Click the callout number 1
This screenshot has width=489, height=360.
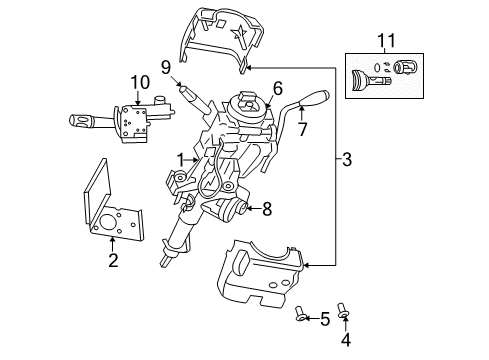(x=181, y=160)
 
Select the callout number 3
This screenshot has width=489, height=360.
(x=347, y=157)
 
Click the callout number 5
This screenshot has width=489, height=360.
(x=324, y=320)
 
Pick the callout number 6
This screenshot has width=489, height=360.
(x=278, y=89)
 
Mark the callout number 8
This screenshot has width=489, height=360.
(x=267, y=209)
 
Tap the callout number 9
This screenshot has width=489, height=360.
(x=167, y=68)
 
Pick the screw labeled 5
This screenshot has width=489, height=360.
(x=301, y=318)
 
